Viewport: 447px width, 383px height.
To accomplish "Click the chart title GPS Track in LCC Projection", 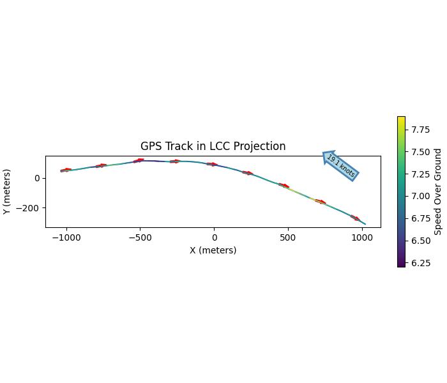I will pos(213,146).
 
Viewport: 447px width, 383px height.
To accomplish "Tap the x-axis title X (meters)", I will pos(213,250).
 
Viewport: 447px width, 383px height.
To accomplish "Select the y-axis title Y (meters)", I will pos(7,191).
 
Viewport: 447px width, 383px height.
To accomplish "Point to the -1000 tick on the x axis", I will pos(66,237).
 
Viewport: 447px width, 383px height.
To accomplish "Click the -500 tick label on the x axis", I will pos(140,237).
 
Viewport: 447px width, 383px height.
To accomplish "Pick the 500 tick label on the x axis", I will pos(288,237).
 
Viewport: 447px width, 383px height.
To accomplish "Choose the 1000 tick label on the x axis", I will pos(362,237).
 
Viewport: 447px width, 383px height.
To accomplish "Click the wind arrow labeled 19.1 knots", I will pos(340,165).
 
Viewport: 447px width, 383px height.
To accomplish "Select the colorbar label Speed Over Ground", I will pos(438,191).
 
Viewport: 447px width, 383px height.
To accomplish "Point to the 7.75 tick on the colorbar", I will pos(420,130).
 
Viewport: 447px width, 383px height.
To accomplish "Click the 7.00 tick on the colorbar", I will pos(420,196).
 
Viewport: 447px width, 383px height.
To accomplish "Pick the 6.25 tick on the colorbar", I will pos(420,263).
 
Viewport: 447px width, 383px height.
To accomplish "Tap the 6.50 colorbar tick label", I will pos(420,241).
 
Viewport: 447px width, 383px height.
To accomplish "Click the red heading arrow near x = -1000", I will pos(66,170).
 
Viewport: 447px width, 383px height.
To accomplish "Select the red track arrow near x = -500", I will pos(139,160).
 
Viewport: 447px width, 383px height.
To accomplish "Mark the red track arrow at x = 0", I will pos(213,164).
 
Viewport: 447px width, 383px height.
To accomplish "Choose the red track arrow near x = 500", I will pos(284,186).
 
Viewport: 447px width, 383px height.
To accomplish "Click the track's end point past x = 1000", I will pos(365,224).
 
